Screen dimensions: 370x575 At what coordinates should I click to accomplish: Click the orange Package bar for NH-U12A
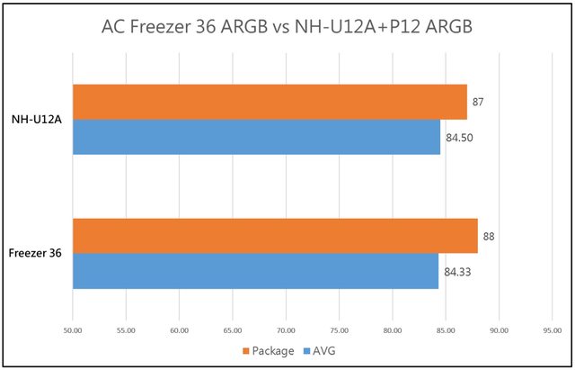(x=270, y=102)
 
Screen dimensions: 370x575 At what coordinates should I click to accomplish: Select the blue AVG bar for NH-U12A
(x=256, y=137)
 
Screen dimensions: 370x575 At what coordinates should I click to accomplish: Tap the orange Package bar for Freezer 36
(x=275, y=236)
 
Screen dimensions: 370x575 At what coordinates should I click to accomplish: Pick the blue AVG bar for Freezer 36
(x=255, y=271)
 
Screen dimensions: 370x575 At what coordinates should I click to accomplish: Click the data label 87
(x=478, y=103)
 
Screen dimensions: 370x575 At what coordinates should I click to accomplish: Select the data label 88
(x=489, y=237)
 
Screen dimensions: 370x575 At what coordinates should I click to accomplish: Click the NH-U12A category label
(x=36, y=119)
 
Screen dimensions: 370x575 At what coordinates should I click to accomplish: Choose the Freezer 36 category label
(x=36, y=254)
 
